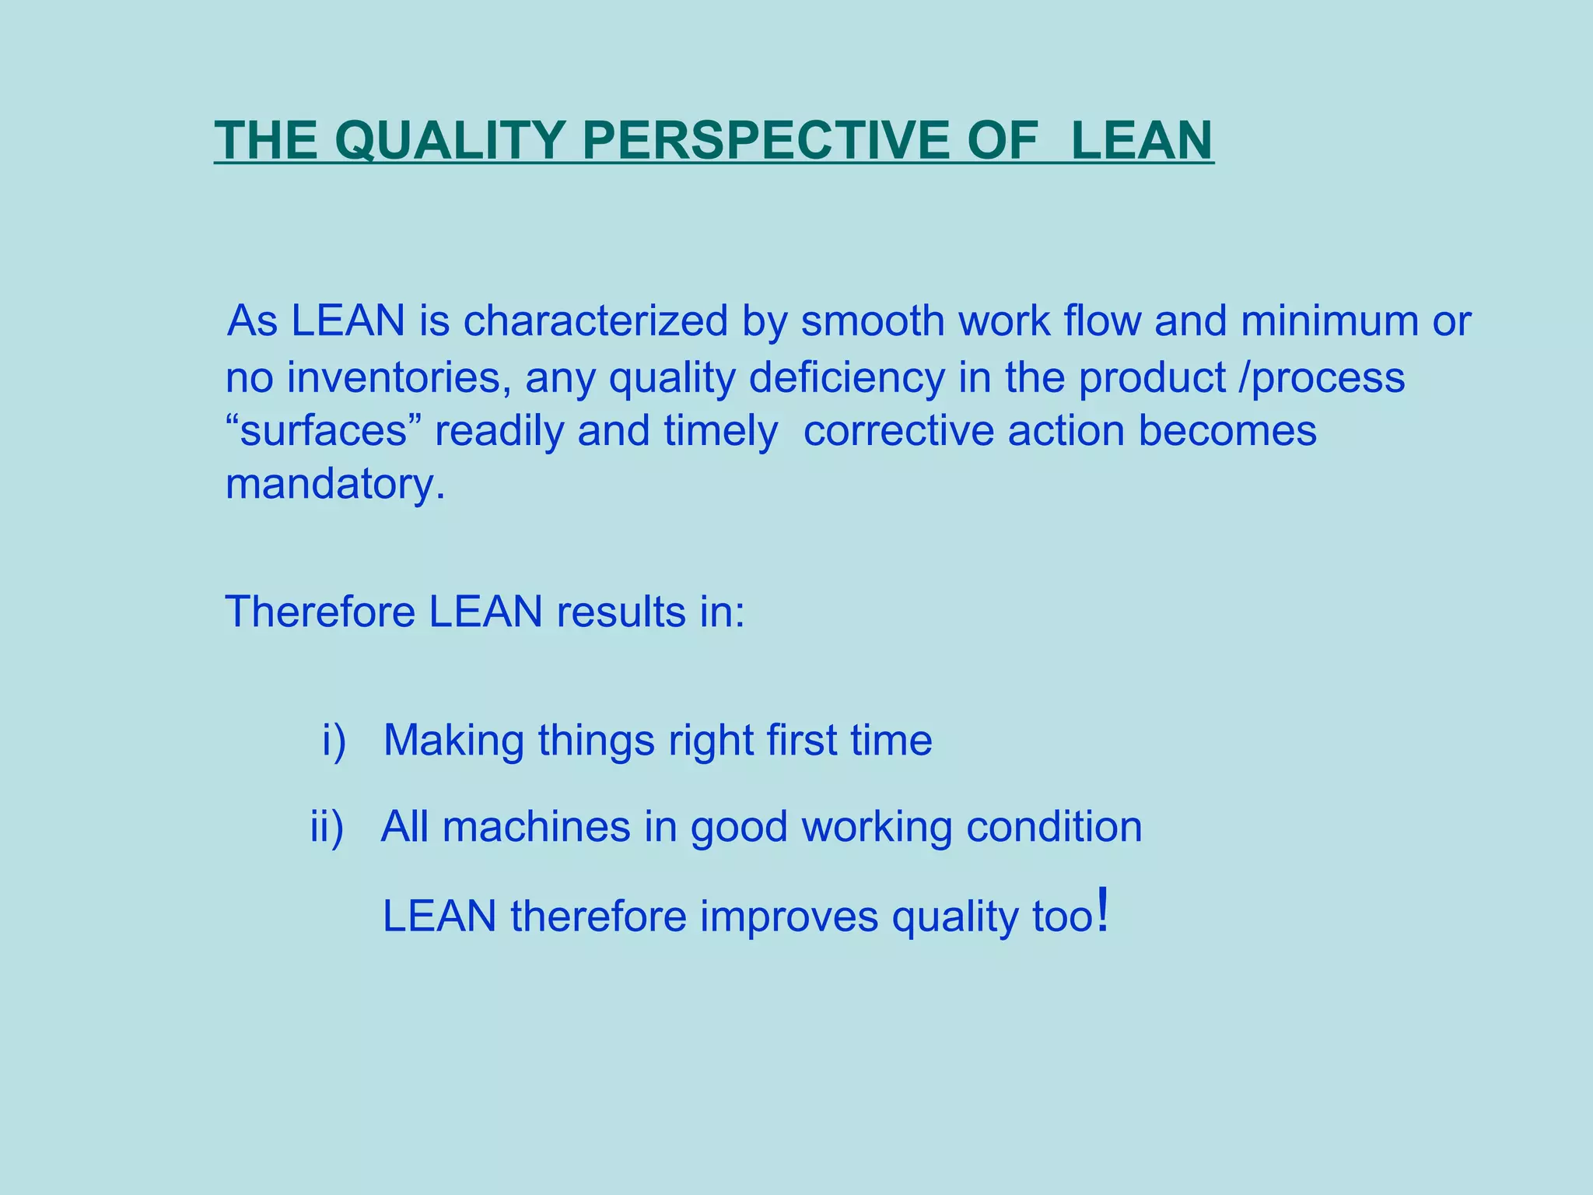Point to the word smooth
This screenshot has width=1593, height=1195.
coord(872,321)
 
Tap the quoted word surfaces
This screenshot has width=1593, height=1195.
coord(323,431)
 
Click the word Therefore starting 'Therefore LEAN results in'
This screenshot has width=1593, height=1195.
coord(320,612)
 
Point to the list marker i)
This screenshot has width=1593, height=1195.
coord(334,740)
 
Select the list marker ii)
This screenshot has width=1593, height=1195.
coord(327,826)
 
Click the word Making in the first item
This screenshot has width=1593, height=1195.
coord(453,740)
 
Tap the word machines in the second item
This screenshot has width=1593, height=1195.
coord(536,826)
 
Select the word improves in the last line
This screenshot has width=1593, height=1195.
coord(788,916)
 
